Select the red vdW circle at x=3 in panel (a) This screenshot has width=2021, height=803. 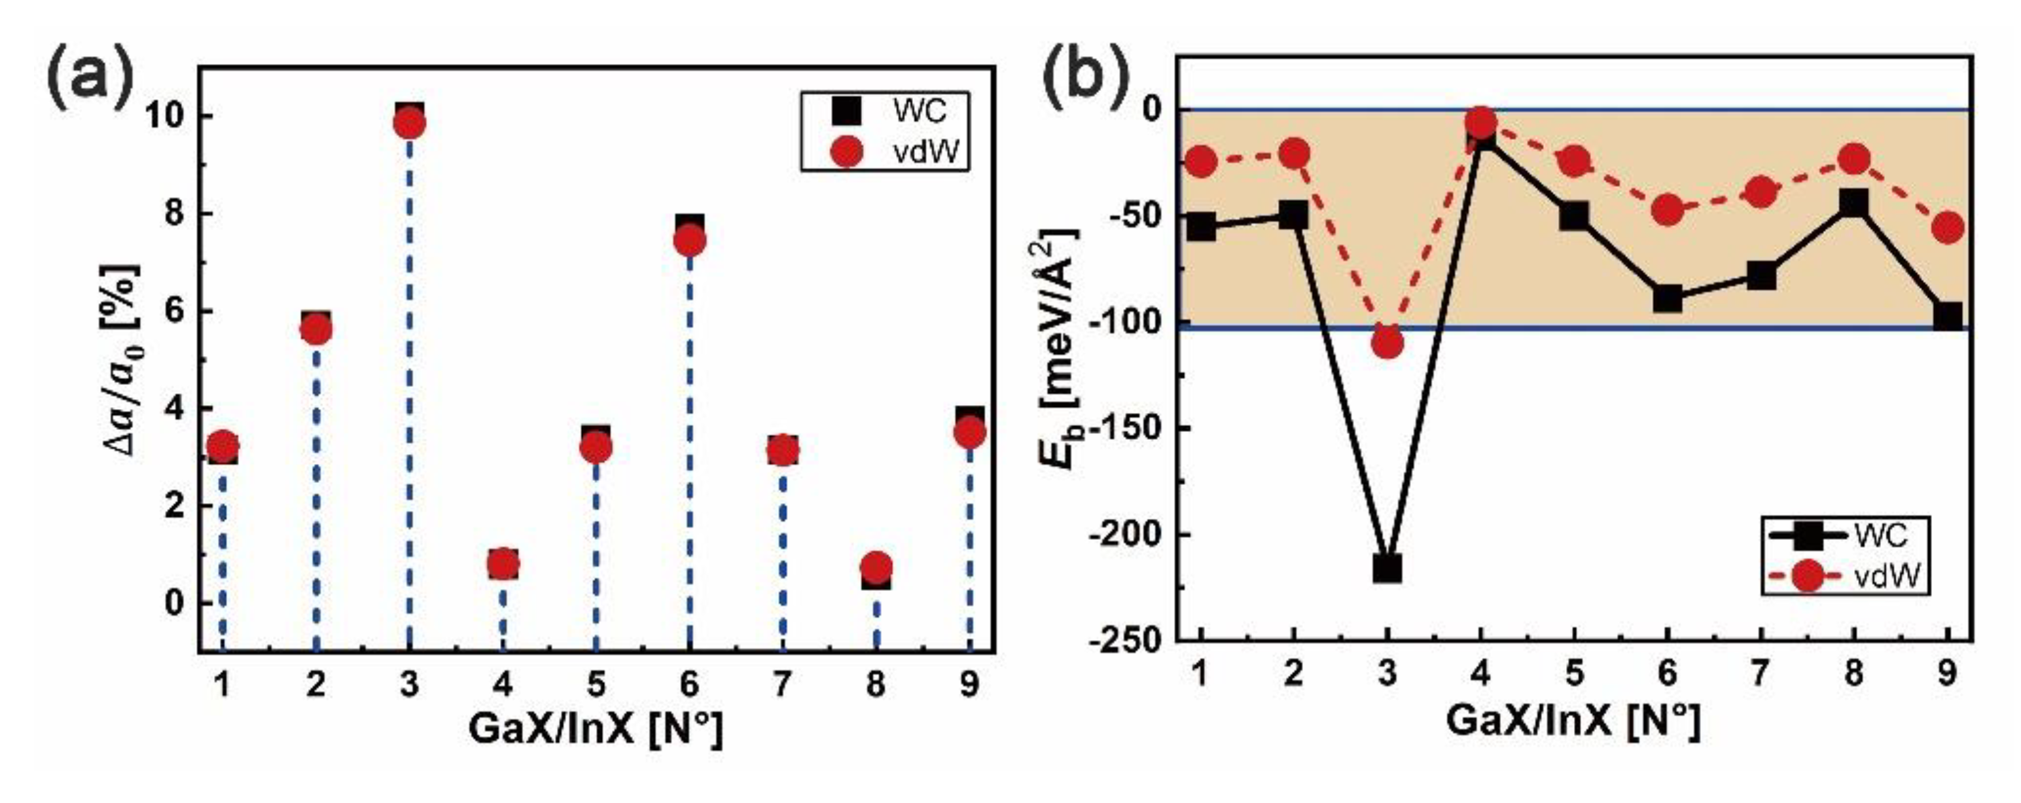pyautogui.click(x=410, y=123)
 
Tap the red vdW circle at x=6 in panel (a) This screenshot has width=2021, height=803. pyautogui.click(x=690, y=241)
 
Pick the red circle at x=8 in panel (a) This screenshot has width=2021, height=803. pyautogui.click(x=876, y=565)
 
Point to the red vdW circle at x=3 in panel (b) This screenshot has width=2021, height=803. pyautogui.click(x=1387, y=342)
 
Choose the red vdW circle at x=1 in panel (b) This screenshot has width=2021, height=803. pyautogui.click(x=1200, y=162)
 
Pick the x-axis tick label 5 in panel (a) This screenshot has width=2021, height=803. pyautogui.click(x=596, y=685)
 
